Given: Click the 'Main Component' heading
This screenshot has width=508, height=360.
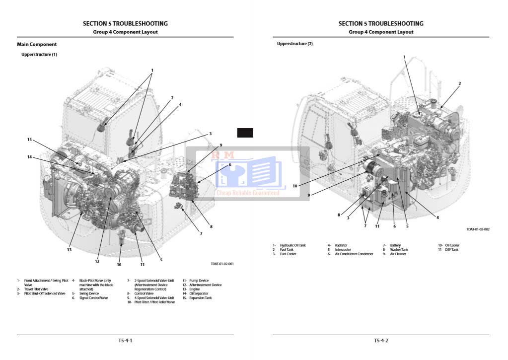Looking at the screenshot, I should click(x=37, y=44).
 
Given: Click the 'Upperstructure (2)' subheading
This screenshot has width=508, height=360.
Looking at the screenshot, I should click(x=295, y=44).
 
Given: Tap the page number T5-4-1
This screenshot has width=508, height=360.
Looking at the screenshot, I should click(x=125, y=341).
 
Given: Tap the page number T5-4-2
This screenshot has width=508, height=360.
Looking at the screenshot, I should click(x=381, y=341).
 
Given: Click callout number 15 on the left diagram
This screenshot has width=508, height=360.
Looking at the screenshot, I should click(x=29, y=140).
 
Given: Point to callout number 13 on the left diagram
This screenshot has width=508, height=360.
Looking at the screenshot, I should click(x=70, y=250).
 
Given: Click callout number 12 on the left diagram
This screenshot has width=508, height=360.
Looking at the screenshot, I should click(x=97, y=261).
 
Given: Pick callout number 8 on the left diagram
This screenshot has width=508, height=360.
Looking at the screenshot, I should click(x=211, y=226).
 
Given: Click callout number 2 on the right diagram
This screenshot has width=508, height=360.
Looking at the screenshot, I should click(x=459, y=83).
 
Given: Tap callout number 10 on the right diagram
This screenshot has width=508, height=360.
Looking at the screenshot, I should click(x=295, y=186).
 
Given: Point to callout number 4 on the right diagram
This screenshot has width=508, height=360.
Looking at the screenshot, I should click(x=437, y=216).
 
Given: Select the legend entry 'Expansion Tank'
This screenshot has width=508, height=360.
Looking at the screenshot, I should click(x=200, y=298).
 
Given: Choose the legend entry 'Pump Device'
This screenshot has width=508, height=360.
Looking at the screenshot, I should click(x=199, y=281).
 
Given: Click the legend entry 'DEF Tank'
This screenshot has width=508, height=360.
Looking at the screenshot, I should click(x=451, y=250).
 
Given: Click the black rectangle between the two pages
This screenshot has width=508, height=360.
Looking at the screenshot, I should click(x=245, y=133).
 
